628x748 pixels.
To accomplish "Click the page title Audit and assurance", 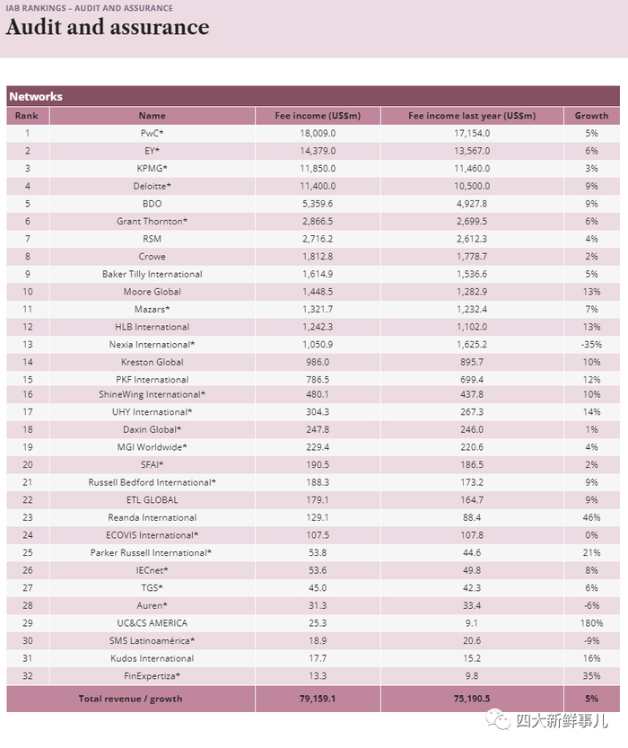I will point(108,28).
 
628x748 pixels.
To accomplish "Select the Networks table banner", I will point(312,96).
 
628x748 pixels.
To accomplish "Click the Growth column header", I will point(591,116).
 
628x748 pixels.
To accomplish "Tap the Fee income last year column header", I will point(472,116).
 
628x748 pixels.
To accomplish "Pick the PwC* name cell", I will point(152,133).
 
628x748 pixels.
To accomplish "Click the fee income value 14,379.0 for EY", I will point(318,151).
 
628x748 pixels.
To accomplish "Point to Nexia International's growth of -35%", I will point(591,345).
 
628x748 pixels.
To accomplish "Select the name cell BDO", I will point(152,204).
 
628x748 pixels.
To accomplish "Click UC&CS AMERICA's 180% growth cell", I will point(591,623).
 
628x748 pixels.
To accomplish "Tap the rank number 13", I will point(28,345).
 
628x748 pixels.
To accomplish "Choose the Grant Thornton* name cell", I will point(152,221).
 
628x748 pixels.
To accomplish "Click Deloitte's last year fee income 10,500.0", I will point(472,186).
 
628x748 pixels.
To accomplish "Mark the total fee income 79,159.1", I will point(318,699).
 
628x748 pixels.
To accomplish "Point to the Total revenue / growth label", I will point(130,699).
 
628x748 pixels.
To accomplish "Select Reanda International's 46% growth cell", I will point(591,517).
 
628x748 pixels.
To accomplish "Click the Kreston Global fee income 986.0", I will point(318,362).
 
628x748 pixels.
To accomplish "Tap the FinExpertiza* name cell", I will point(152,675).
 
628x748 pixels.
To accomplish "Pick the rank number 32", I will point(28,675).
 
